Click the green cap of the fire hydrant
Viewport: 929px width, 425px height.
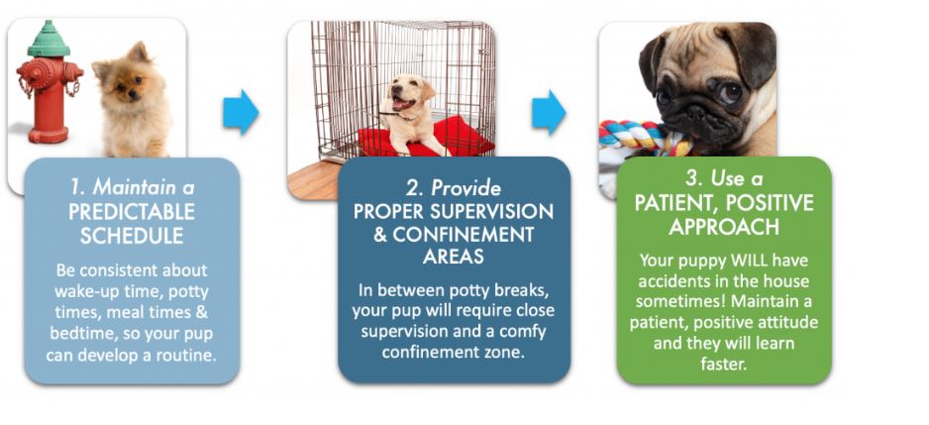click(x=49, y=39)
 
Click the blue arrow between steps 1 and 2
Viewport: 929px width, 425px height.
click(x=241, y=112)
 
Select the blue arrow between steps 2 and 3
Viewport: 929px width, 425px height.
click(x=549, y=112)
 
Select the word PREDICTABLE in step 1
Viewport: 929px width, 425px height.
click(x=132, y=212)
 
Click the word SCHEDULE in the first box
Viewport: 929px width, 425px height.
click(x=132, y=236)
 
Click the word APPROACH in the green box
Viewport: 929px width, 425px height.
click(x=724, y=227)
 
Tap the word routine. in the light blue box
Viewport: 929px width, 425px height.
click(x=185, y=355)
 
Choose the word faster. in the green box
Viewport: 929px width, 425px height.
click(x=723, y=364)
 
